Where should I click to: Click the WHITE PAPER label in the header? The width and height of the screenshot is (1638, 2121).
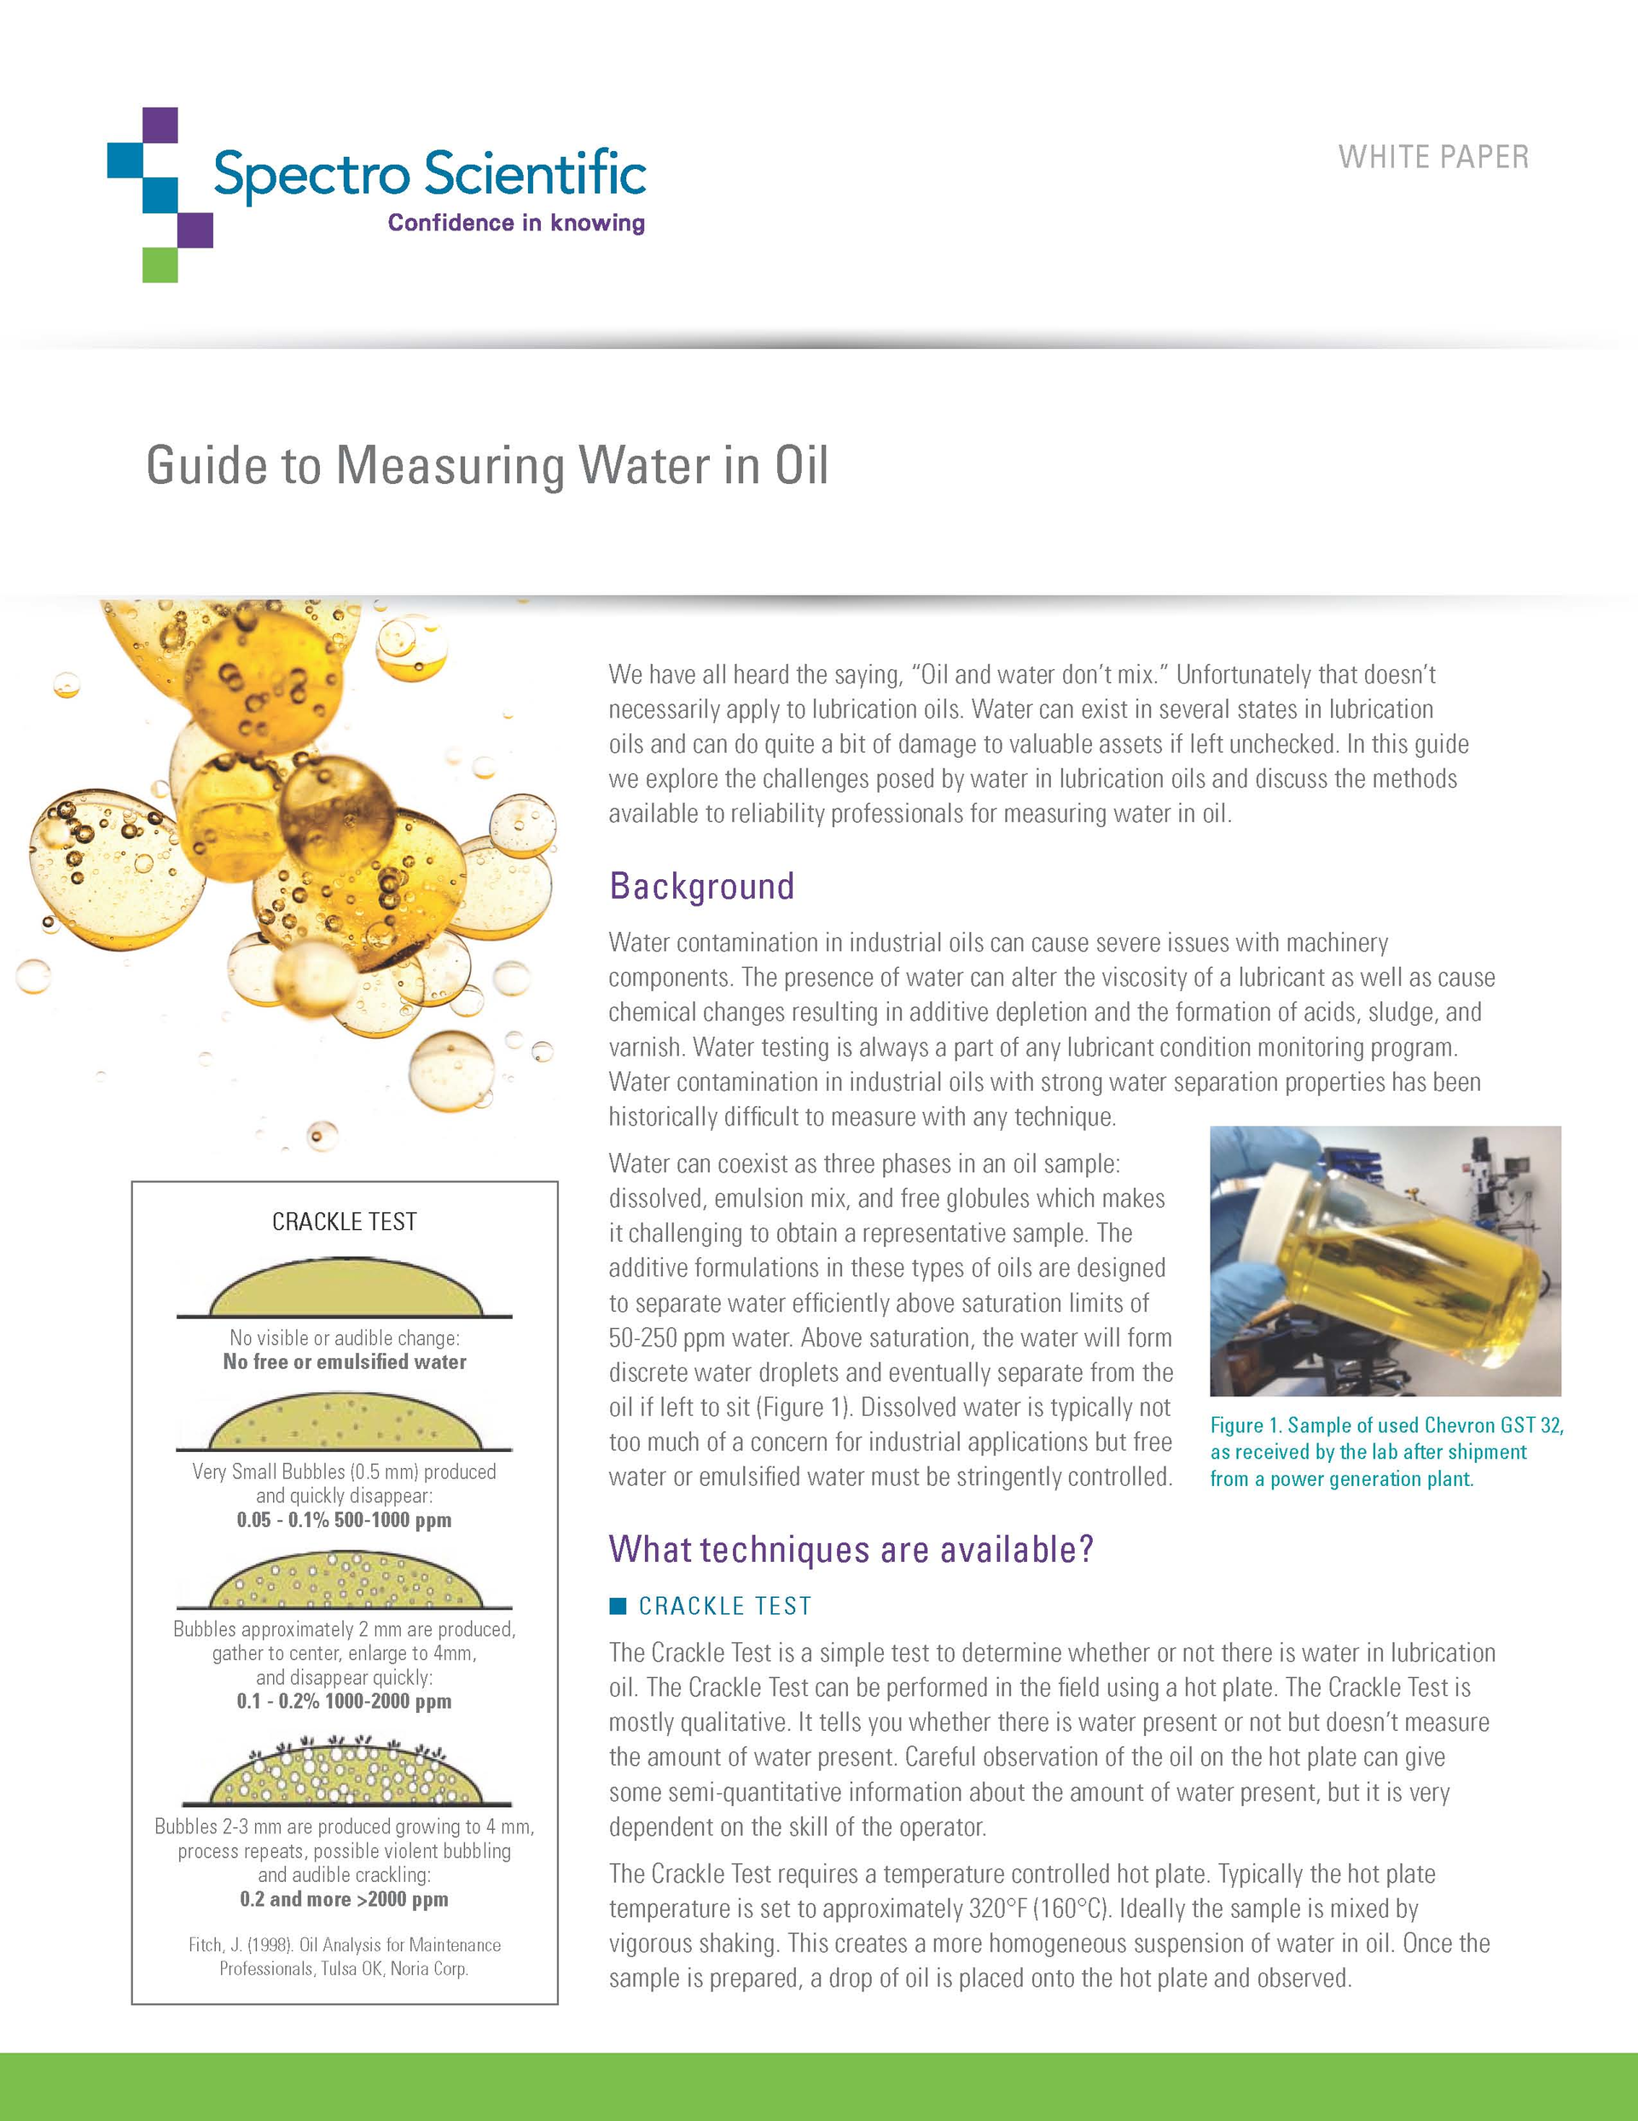tap(1433, 157)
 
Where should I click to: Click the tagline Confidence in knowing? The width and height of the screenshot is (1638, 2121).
tap(515, 223)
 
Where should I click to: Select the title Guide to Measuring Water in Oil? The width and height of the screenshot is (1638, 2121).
tap(487, 465)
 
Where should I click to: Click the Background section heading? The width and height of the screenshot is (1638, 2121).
tap(701, 886)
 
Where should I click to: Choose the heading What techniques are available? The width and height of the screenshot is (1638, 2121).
tap(851, 1549)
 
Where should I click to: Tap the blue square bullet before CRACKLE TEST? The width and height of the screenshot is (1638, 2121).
tap(618, 1606)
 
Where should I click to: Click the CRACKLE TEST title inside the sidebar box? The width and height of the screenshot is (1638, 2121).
tap(344, 1221)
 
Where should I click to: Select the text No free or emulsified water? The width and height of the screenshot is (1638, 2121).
tap(344, 1361)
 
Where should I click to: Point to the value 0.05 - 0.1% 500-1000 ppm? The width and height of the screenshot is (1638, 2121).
tap(344, 1520)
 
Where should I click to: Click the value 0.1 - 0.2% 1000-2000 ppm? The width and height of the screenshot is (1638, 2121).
tap(344, 1701)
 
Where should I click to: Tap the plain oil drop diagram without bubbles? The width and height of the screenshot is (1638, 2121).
tap(344, 1290)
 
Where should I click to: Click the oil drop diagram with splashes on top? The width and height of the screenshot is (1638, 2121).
tap(344, 1773)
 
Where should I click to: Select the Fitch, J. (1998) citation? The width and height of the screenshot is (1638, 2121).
tap(344, 1957)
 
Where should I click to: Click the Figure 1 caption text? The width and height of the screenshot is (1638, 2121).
tap(1385, 1452)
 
